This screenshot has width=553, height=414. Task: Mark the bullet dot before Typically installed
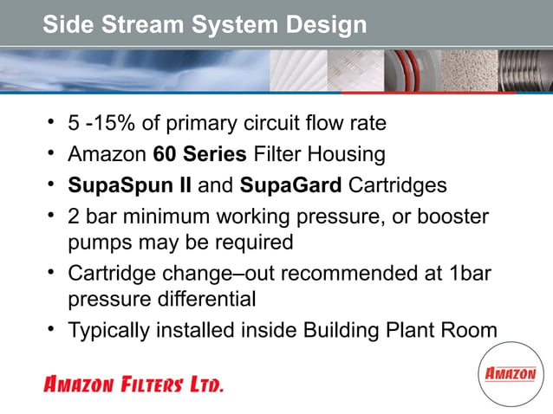click(53, 328)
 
